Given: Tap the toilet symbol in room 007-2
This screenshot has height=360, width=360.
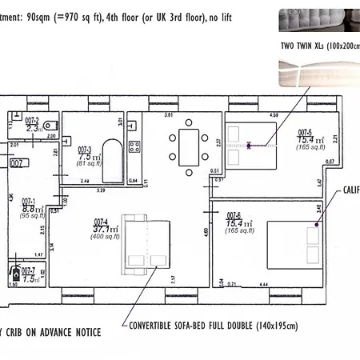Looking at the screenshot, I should (50, 125).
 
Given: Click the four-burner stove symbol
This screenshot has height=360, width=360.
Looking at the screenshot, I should (134, 147).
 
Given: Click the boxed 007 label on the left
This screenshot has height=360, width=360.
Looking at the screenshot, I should (17, 162).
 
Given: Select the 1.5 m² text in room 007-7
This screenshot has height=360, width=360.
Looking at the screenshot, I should (30, 278).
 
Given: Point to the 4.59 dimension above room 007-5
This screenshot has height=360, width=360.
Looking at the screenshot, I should (274, 115).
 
